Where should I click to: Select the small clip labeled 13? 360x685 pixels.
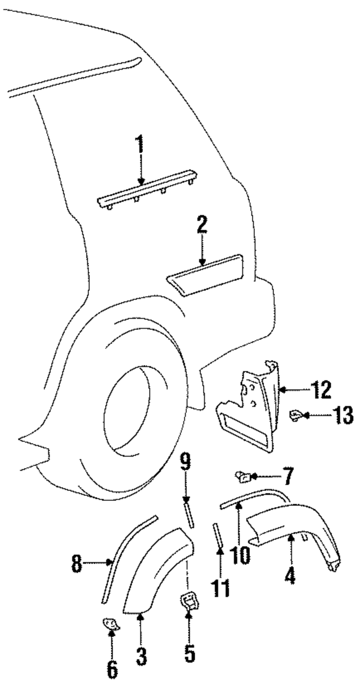point(295,416)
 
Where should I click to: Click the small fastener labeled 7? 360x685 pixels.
point(244,478)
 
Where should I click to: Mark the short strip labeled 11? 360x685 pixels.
point(217,534)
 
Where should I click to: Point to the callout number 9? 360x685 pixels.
point(185,463)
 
